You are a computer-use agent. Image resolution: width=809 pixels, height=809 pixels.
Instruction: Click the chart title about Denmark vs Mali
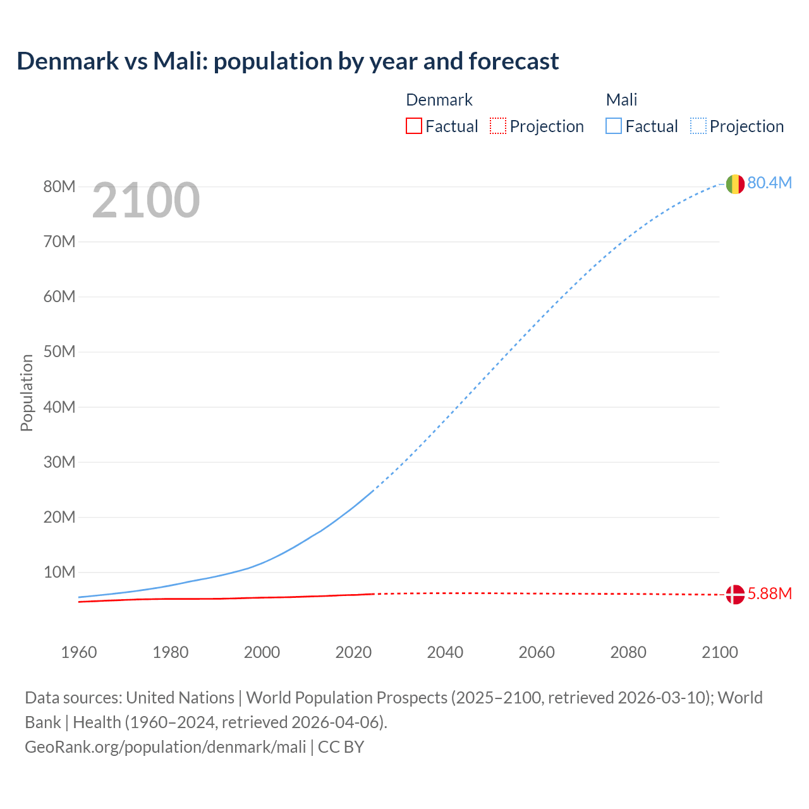(288, 61)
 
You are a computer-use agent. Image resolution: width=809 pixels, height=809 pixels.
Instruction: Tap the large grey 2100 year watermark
(146, 200)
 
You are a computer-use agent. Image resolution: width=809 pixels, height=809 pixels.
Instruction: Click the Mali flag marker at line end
(734, 184)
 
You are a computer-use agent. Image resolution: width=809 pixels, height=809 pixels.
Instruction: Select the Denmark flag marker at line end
(734, 594)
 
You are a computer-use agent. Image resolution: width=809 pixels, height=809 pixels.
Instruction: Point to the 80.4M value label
(769, 183)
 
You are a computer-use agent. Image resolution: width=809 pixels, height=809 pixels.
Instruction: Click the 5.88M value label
(769, 593)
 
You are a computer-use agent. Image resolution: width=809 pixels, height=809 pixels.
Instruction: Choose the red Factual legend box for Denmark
(413, 126)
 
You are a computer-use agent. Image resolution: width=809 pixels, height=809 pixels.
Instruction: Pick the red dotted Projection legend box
(498, 126)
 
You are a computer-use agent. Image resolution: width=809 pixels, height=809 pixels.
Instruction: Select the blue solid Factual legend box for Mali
(613, 126)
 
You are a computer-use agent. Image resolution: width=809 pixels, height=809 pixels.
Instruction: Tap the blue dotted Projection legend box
(698, 126)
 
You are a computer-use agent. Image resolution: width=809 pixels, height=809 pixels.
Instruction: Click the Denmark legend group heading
(439, 100)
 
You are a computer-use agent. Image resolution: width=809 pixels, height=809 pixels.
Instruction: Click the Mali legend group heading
(621, 100)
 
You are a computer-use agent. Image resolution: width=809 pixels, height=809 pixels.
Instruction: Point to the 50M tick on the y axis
(59, 351)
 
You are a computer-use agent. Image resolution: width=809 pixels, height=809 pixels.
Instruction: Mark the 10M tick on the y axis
(59, 572)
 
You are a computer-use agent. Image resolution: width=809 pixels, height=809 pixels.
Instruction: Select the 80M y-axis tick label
(59, 186)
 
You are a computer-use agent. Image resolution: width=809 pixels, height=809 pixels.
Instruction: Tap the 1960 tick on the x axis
(79, 652)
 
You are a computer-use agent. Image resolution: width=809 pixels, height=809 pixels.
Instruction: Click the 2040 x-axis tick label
(445, 652)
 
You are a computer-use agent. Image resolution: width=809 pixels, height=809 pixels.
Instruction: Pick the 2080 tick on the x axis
(628, 652)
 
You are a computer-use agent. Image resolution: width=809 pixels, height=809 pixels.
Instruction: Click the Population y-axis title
(27, 392)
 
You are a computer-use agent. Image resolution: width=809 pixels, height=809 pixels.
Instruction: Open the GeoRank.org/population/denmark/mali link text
(166, 746)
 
